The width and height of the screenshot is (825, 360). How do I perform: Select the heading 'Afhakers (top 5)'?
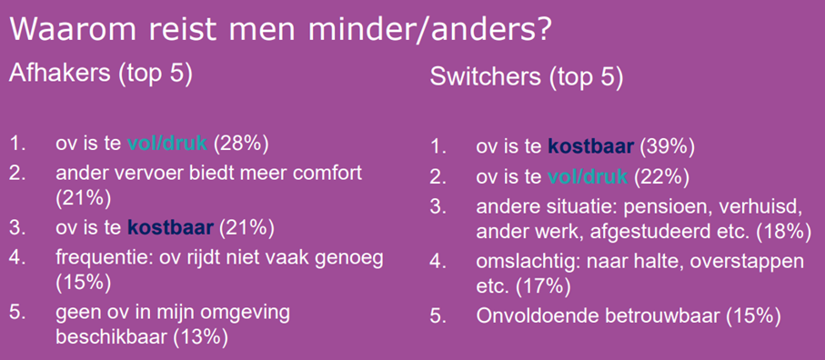(x=101, y=74)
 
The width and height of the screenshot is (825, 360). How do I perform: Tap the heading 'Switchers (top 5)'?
(x=527, y=78)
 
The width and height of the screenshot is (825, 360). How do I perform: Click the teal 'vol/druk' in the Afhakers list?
(x=168, y=144)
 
